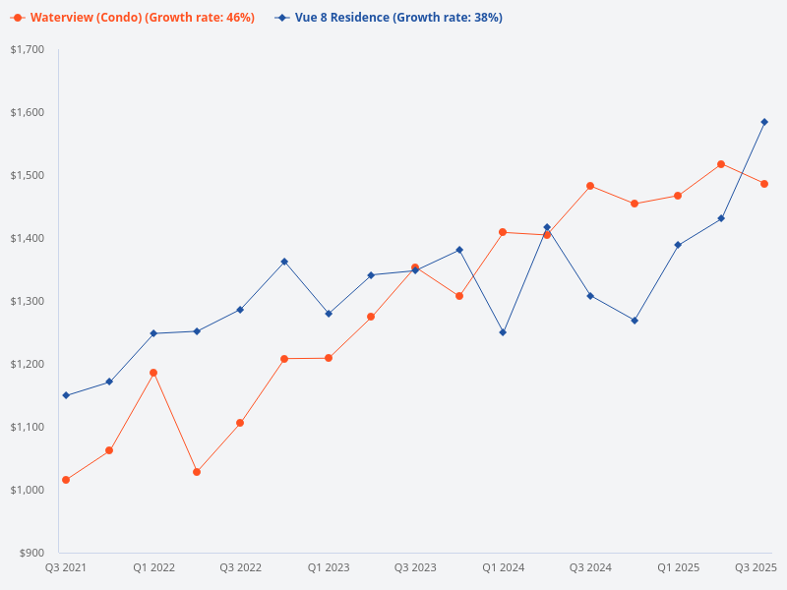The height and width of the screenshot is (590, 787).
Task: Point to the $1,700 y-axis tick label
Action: (x=28, y=49)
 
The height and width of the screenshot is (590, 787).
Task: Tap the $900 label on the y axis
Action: (x=31, y=553)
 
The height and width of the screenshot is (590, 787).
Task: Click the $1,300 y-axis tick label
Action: (x=28, y=301)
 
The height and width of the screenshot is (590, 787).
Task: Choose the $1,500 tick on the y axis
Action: (x=28, y=175)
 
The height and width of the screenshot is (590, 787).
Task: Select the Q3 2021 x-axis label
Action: (x=66, y=567)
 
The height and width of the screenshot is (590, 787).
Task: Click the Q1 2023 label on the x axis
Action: (x=329, y=567)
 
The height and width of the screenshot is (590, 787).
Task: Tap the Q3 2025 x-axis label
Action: (x=757, y=567)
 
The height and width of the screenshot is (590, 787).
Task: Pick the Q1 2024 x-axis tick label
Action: (x=503, y=567)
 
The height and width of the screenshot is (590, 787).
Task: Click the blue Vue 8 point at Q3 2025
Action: (x=764, y=122)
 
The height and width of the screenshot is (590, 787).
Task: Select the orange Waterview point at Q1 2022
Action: (x=153, y=373)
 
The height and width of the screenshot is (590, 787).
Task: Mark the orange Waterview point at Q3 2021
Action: (x=66, y=480)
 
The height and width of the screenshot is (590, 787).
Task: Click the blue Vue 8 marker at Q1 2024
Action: (x=503, y=332)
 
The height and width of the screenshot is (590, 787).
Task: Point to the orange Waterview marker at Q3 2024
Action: (x=590, y=186)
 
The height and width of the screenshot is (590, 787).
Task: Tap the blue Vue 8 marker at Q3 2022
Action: (x=240, y=310)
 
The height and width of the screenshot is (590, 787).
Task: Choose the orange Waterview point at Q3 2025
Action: (x=764, y=184)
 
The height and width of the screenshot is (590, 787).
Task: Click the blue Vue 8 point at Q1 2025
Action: (x=678, y=245)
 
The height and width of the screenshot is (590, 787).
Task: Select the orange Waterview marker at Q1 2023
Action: (x=329, y=358)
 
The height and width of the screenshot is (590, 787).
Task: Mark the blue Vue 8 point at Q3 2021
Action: (x=66, y=395)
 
